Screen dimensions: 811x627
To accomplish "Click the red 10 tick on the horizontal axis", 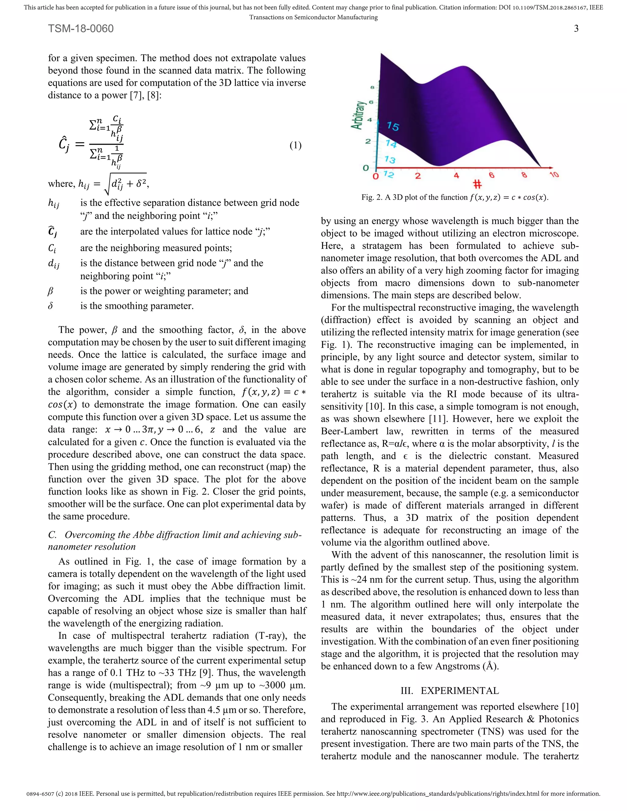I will (554, 174).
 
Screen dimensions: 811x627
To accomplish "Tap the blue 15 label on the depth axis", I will (392, 126).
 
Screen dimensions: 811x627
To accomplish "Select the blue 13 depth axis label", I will (390, 160).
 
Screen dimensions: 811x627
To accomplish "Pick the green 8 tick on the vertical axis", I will (372, 88).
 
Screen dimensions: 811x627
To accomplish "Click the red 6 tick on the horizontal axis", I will (491, 175).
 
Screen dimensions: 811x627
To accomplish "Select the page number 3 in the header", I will (576, 28).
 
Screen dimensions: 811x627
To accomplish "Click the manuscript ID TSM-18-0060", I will (81, 28).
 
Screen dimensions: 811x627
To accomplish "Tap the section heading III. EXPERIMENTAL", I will (449, 691).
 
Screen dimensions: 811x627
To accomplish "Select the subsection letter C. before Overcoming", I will (52, 535).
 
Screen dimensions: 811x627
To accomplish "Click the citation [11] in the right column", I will (437, 419).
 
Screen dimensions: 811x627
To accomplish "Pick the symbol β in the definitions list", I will (51, 291).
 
